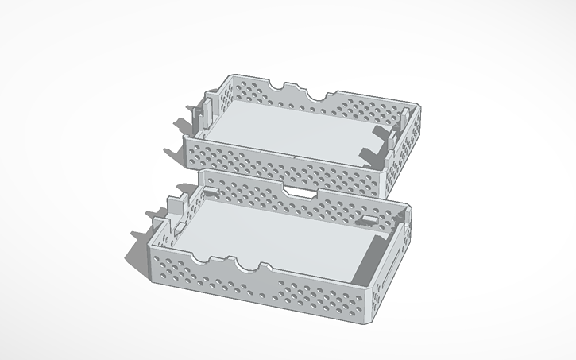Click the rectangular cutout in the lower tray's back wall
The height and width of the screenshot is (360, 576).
click(x=300, y=192)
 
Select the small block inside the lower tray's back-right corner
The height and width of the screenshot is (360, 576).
click(x=370, y=218)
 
